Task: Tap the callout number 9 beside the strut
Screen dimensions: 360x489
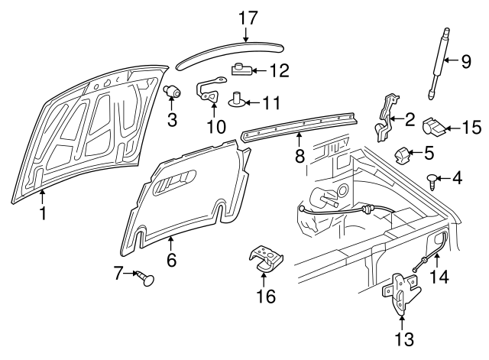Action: tap(466, 63)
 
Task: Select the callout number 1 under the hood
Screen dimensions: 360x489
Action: tap(43, 212)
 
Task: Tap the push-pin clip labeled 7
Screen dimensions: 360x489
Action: tap(145, 277)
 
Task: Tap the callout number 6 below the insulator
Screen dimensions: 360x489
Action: tap(171, 261)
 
